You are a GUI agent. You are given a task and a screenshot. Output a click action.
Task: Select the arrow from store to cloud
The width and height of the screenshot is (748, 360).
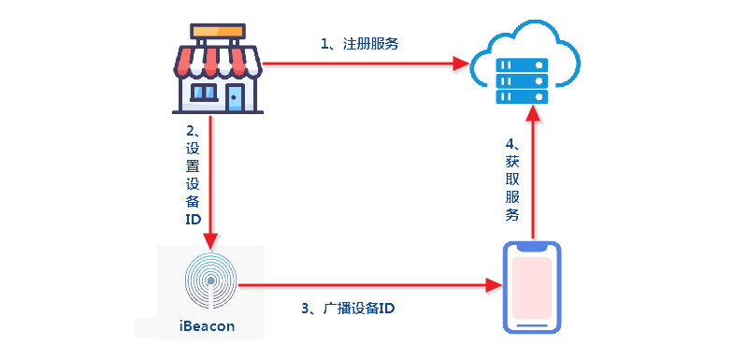(x=365, y=64)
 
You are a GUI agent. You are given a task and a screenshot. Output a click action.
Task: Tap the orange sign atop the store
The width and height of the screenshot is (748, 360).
(x=217, y=30)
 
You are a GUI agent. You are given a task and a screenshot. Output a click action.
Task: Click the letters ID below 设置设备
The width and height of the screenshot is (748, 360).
(x=193, y=219)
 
